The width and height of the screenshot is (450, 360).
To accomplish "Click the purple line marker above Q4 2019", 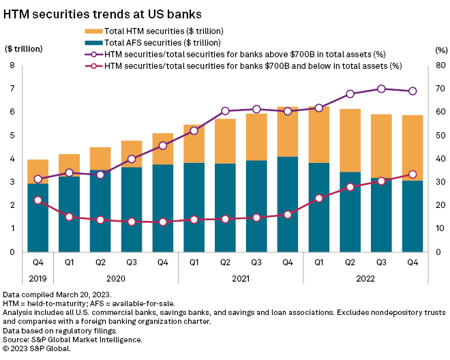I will pyautogui.click(x=37, y=179).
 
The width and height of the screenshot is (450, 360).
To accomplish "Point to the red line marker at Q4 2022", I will pyautogui.click(x=412, y=175).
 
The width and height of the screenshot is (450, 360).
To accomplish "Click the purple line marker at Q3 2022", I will pyautogui.click(x=381, y=89).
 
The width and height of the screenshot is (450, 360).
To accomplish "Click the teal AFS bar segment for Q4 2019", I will pyautogui.click(x=37, y=217).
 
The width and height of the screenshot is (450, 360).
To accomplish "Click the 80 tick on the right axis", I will pyautogui.click(x=441, y=65).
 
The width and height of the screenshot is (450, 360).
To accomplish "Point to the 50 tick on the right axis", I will pyautogui.click(x=441, y=136).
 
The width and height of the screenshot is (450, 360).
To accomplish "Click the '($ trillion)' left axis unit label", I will pyautogui.click(x=24, y=50).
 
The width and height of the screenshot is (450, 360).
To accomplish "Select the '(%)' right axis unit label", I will pyautogui.click(x=440, y=50).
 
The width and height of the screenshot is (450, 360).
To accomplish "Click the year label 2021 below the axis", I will pyautogui.click(x=240, y=277).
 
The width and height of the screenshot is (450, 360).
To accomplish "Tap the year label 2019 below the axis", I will pyautogui.click(x=37, y=277).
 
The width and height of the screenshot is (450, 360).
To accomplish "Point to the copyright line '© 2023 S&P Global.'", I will pyautogui.click(x=37, y=348).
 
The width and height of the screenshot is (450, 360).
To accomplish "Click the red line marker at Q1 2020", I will pyautogui.click(x=69, y=217).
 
